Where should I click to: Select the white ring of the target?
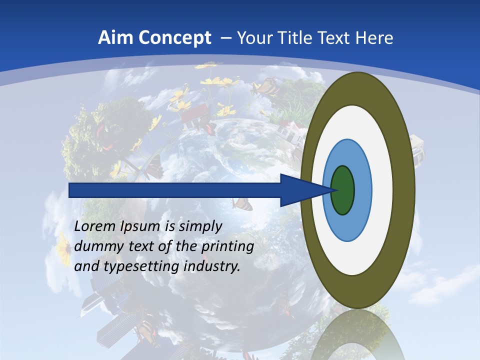(382, 190)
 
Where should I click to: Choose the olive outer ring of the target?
(404, 190)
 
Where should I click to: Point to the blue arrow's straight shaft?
(175, 190)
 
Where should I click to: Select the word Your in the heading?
(252, 38)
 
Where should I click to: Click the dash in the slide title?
(225, 38)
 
